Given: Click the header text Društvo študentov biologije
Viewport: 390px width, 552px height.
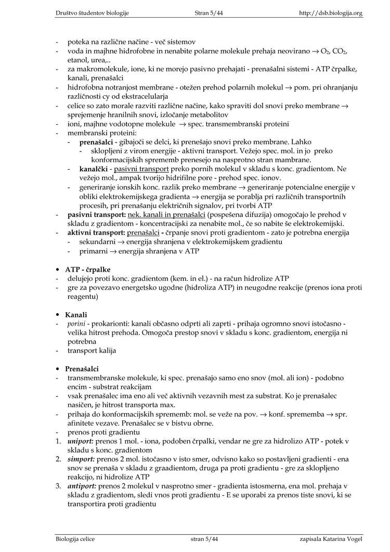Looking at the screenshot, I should pos(93,13).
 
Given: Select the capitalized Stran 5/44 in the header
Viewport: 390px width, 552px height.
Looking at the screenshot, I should pos(209,13).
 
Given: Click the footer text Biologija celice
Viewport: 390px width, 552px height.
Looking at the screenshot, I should pos(75,539).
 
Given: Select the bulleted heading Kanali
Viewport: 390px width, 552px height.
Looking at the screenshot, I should pos(76,315).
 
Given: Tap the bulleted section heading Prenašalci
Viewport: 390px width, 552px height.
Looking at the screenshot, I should pos(82,369).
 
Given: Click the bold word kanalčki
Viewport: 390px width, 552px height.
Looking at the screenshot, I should pos(94,169).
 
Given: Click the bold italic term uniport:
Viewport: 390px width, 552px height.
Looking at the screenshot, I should pos(82,441).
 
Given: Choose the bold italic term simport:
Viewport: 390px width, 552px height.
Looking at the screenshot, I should pos(81,459).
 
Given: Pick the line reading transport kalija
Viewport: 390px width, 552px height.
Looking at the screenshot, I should pos(92,350).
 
